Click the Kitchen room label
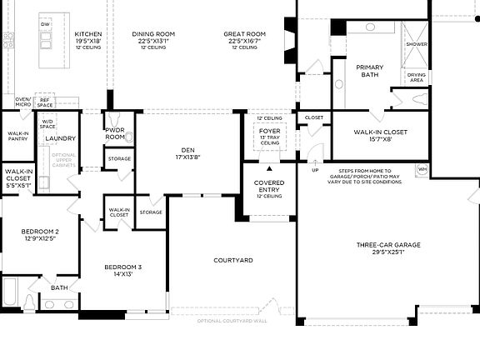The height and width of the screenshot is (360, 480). click(88, 34)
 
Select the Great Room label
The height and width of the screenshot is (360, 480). click(244, 34)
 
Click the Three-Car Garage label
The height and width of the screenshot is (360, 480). click(388, 245)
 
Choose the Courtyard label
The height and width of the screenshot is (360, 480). click(232, 261)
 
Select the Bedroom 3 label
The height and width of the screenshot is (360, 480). click(122, 267)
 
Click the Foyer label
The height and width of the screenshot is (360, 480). click(269, 130)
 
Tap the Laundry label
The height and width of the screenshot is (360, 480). click(61, 138)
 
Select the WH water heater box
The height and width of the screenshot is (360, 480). click(422, 169)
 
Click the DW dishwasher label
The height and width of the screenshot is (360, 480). click(45, 25)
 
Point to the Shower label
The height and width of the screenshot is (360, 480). click(416, 43)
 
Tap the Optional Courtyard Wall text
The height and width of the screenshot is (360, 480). click(232, 321)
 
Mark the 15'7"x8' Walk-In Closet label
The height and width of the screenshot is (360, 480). click(380, 132)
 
